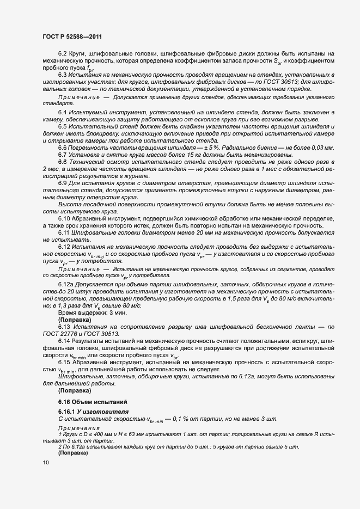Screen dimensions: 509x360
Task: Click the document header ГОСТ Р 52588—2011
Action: (73, 36)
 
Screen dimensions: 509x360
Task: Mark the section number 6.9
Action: (63, 183)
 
